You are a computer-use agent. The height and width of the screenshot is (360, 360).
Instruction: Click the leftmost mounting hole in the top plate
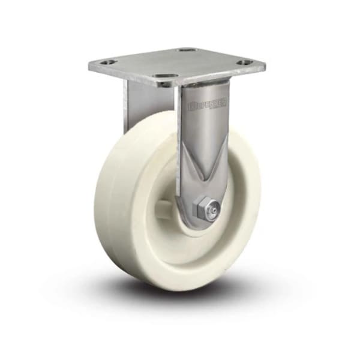point(107,62)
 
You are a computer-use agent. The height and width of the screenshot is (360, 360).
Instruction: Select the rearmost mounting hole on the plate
point(187,50)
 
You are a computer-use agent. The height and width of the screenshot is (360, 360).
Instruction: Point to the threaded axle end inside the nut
point(211,210)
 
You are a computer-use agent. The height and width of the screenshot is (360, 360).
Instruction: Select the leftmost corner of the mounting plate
point(89,65)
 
